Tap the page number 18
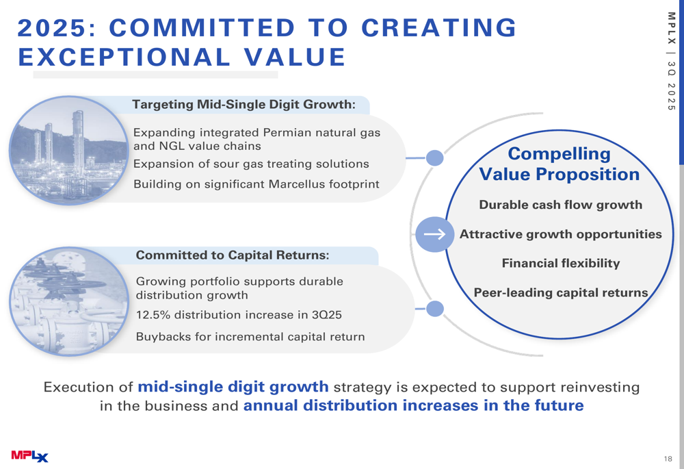668,459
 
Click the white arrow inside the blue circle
434,234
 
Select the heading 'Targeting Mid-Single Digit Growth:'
244,104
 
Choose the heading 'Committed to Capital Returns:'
233,255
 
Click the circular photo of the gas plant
68,151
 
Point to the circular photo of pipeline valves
69,301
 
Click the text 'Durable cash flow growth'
561,205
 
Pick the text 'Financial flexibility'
561,264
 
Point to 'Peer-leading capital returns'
561,292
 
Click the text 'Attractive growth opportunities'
561,234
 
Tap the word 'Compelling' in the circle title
560,154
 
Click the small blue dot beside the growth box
434,157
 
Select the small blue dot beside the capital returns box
434,309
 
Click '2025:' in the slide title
58,28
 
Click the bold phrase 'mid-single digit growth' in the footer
233,387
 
